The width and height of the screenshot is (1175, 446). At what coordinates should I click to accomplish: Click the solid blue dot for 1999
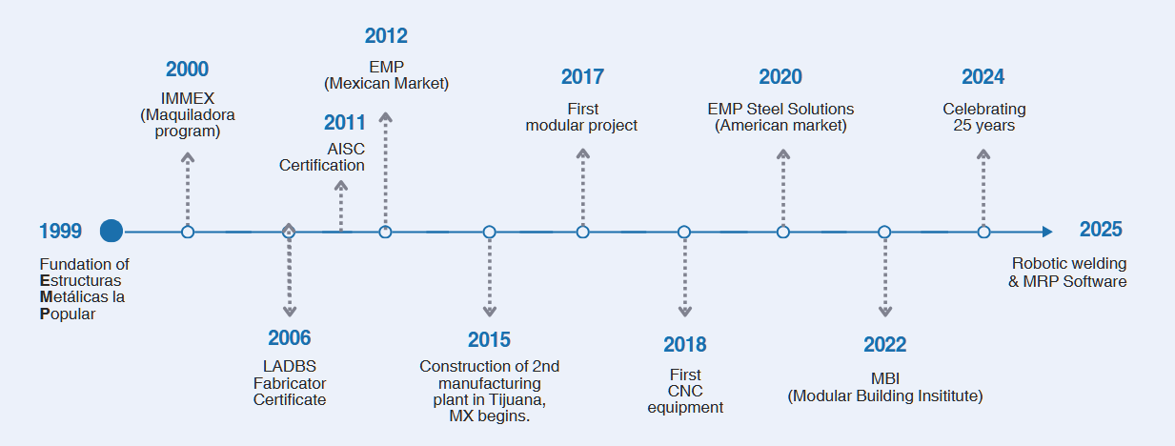[x=111, y=231]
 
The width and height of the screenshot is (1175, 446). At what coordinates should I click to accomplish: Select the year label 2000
[x=188, y=70]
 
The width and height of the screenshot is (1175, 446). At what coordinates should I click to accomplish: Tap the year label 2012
[x=386, y=36]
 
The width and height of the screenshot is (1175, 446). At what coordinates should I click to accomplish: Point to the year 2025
[x=1101, y=230]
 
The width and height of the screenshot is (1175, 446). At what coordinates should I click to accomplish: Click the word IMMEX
[x=188, y=99]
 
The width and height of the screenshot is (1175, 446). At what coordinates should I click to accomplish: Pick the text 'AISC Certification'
[x=321, y=157]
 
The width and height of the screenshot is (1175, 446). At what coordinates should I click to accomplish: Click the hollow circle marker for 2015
[x=490, y=232]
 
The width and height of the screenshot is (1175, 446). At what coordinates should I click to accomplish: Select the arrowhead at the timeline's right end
[x=1047, y=232]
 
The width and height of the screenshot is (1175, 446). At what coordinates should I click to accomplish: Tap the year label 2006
[x=290, y=338]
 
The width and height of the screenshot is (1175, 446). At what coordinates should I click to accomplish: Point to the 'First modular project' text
[x=581, y=117]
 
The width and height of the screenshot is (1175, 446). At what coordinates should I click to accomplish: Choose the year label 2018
[x=684, y=345]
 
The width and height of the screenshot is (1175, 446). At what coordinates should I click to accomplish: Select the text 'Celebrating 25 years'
[x=984, y=117]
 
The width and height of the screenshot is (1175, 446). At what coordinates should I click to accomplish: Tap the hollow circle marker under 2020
[x=783, y=232]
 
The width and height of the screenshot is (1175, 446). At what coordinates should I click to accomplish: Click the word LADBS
[x=290, y=366]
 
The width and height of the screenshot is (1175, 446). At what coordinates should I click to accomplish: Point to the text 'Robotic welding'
[x=1069, y=263]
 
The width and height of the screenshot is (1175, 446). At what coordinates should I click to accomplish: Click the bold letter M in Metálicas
[x=46, y=297]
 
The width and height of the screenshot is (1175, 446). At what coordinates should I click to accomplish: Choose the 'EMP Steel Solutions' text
[x=780, y=110]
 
